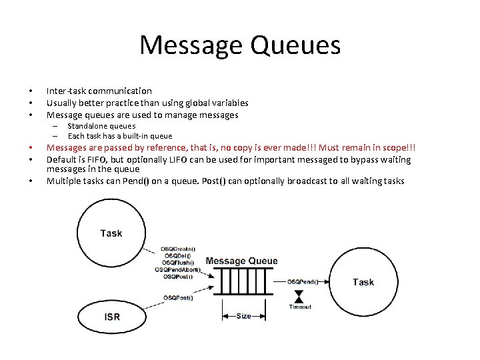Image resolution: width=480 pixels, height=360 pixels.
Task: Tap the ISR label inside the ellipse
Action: (112, 316)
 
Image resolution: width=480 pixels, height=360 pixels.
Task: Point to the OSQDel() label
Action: (177, 255)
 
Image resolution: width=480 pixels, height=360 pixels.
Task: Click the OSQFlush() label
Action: (177, 263)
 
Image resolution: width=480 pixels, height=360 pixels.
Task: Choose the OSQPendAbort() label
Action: (177, 269)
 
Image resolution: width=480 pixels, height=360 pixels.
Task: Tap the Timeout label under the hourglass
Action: (300, 307)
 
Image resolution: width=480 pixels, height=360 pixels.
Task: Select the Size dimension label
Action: (243, 315)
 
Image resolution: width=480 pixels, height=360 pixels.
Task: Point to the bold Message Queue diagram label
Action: (242, 261)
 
